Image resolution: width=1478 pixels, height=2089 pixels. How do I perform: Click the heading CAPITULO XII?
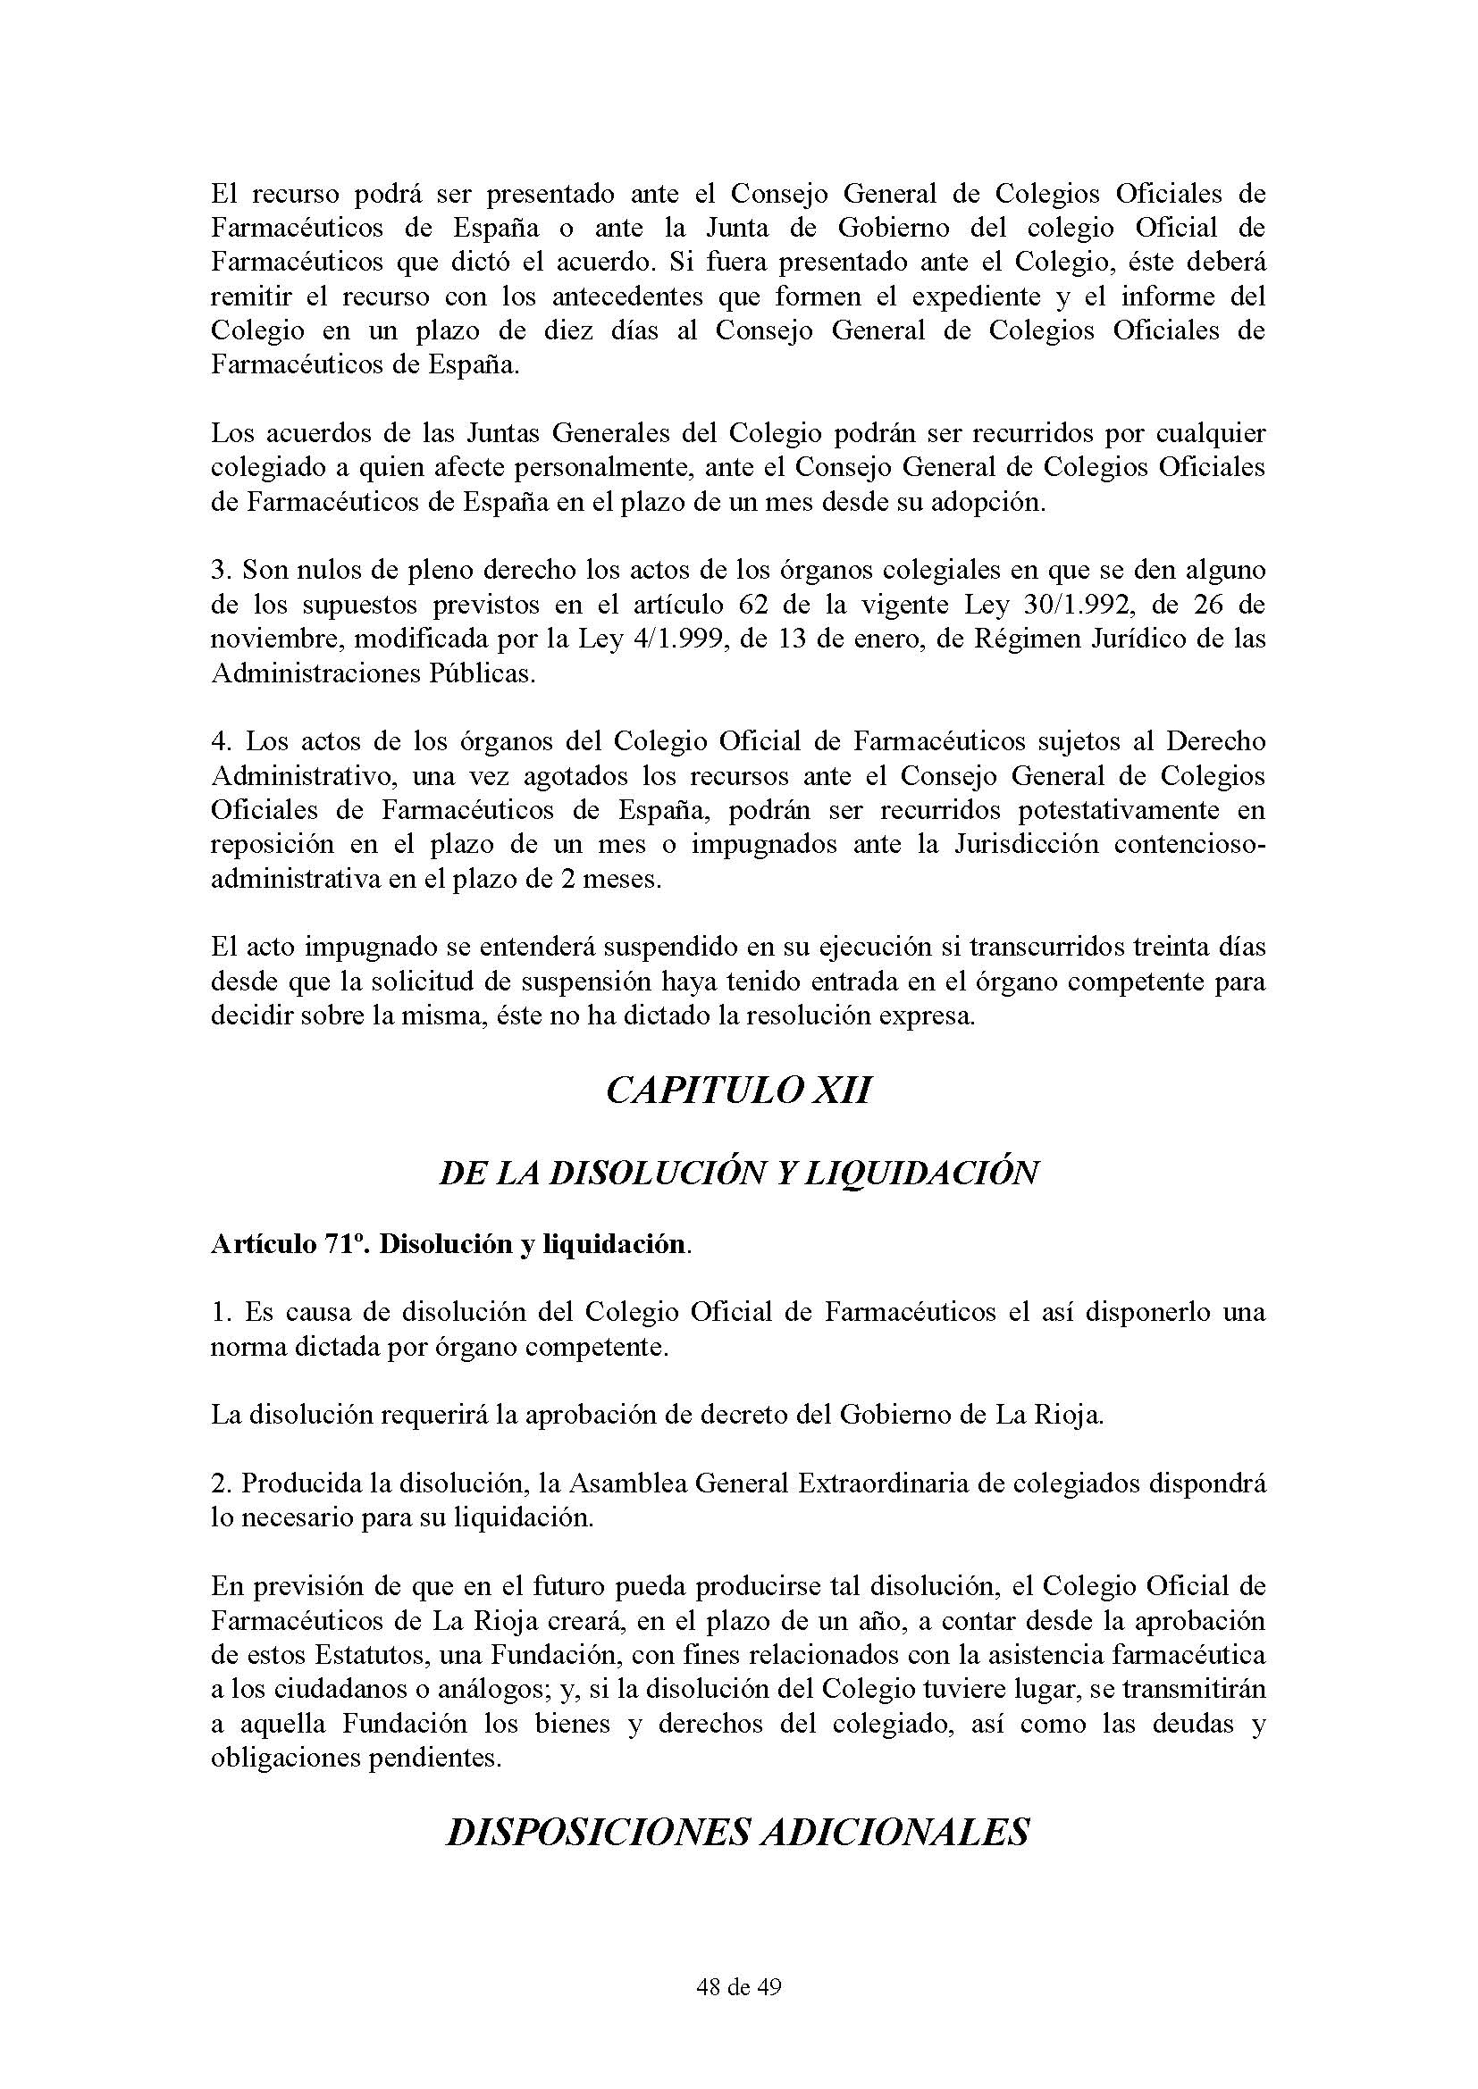pyautogui.click(x=738, y=1090)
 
